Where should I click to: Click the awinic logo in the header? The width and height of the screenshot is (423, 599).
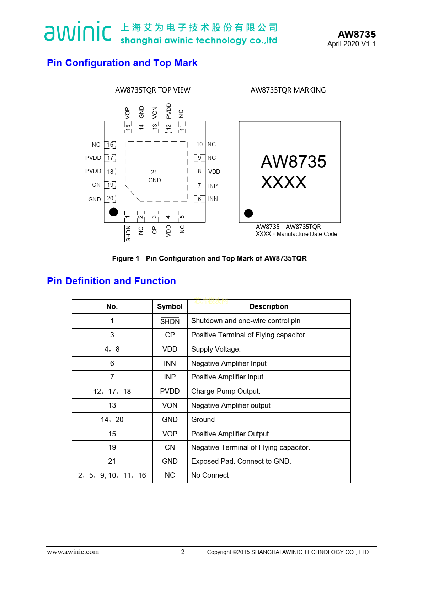(x=78, y=31)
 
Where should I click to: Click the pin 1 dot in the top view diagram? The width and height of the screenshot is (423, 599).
(x=114, y=212)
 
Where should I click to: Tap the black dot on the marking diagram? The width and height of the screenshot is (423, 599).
(x=248, y=213)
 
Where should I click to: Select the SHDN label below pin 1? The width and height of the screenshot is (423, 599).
(x=128, y=233)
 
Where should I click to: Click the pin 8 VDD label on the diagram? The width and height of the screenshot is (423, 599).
(x=214, y=172)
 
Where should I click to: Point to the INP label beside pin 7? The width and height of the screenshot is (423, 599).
(x=213, y=186)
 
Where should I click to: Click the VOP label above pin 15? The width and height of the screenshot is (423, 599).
(x=127, y=113)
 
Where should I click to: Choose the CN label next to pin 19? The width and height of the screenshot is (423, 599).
(x=96, y=185)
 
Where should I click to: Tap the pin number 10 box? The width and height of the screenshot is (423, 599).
(x=199, y=144)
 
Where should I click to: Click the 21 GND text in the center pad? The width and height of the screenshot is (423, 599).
(x=154, y=176)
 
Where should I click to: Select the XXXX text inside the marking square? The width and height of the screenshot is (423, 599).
(x=283, y=182)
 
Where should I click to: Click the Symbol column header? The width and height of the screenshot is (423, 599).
(x=170, y=306)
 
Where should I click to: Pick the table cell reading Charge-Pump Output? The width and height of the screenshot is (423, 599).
(x=226, y=391)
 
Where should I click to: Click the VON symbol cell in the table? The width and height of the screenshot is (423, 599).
(x=170, y=405)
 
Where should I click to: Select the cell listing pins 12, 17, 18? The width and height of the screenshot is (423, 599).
(x=112, y=392)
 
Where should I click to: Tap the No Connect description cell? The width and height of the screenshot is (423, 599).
(x=210, y=475)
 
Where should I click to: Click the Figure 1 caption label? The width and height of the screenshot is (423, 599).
(x=125, y=258)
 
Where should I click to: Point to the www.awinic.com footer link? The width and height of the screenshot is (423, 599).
(x=73, y=552)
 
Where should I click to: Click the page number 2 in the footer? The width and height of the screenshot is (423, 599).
(x=183, y=552)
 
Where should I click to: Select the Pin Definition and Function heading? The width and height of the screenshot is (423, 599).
(x=111, y=281)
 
